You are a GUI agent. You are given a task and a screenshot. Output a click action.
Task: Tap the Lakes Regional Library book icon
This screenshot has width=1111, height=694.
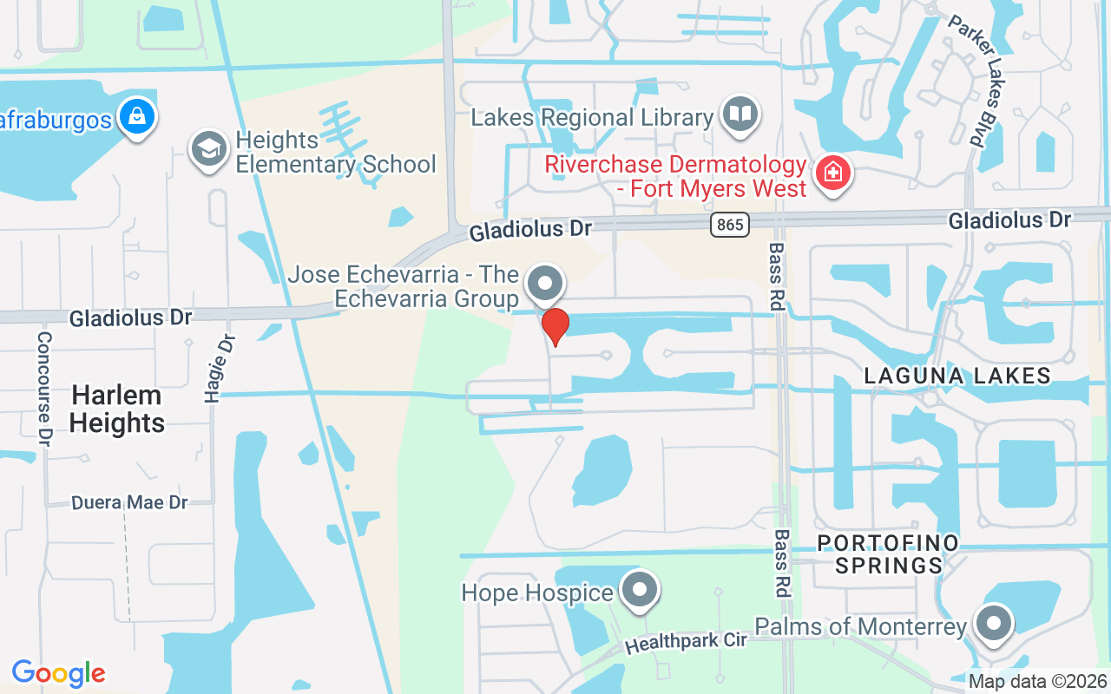740,115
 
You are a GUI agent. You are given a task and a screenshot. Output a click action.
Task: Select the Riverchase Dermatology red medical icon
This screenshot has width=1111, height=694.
832,172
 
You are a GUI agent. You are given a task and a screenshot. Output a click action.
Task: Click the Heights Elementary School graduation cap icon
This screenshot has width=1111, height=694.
209,150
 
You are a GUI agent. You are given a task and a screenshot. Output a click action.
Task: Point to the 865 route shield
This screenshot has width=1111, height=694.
729,225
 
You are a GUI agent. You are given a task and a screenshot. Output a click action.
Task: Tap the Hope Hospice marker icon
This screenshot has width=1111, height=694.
641,591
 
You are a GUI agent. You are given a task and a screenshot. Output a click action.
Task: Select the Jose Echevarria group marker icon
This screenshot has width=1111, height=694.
544,284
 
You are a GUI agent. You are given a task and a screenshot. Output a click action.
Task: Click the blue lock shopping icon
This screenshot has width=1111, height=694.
137,115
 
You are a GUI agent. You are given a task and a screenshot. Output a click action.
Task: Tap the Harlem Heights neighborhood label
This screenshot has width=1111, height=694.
117,409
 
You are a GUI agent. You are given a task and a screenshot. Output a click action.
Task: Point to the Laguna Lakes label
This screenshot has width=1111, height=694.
957,376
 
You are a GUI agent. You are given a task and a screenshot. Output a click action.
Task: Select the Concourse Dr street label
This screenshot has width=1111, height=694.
44,388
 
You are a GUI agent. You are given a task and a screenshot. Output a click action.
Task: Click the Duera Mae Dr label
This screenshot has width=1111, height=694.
129,502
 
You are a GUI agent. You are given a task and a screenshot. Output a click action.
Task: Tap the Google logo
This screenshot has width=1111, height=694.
58,673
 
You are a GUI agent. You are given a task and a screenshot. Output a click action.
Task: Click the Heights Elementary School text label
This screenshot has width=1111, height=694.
335,152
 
